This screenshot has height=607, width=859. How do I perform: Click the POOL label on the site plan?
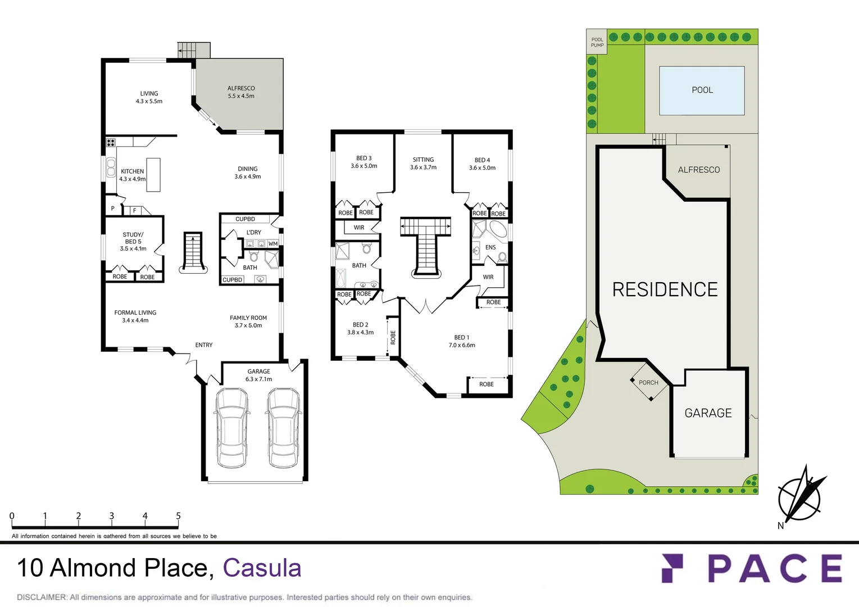[x=702, y=90]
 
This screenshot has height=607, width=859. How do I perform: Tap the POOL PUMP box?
[x=597, y=42]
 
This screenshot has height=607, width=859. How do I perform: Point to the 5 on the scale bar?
[x=178, y=516]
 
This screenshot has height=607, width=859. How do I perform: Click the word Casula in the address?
[x=262, y=568]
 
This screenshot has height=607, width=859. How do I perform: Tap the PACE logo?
[x=752, y=568]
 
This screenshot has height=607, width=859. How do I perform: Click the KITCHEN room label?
[x=132, y=171]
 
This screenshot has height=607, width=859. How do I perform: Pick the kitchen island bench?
[x=153, y=175]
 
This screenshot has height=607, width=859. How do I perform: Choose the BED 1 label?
[x=461, y=338]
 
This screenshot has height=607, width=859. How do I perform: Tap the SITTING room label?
[x=423, y=160]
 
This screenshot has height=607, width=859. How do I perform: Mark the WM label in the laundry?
[x=273, y=244]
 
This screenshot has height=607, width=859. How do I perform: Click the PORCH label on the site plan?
[x=648, y=383]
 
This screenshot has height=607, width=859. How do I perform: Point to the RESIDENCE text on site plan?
[x=665, y=289]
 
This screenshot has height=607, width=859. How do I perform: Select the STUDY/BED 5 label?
[x=133, y=238]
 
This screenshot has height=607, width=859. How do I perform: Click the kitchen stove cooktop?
[x=111, y=143]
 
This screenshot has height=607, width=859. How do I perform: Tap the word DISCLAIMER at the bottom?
[x=42, y=597]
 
